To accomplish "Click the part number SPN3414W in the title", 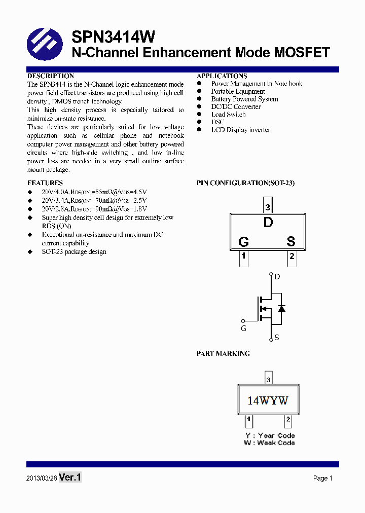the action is pos(113,36).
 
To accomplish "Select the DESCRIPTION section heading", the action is pos(50,76).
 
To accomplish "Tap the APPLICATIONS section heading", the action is pos(222,76).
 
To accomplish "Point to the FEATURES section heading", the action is pos(45,183).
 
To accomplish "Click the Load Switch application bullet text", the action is pos(228,115).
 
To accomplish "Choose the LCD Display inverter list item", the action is pos(240,130).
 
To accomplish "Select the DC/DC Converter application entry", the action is pos(236,107).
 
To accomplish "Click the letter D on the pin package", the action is pos(268,222).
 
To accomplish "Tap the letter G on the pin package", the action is pos(243,242).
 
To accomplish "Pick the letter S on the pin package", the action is pos(291,242).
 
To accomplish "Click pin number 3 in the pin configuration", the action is pos(268,207).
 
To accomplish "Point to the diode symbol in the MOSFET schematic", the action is pos(281,308).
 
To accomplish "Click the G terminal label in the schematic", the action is pos(243,328).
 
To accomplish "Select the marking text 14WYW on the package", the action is pos(268,400).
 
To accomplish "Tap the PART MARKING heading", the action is pos(223,354).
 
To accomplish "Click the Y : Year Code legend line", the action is pos(270,435).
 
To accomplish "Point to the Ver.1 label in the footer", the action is pos(70,478).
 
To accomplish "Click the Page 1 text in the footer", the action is pos(322,478).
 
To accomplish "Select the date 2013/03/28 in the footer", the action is pos(42,479).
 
